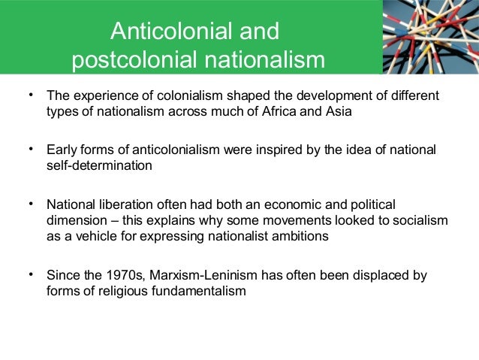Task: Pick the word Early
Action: coord(63,150)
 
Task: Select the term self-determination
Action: coord(99,165)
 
